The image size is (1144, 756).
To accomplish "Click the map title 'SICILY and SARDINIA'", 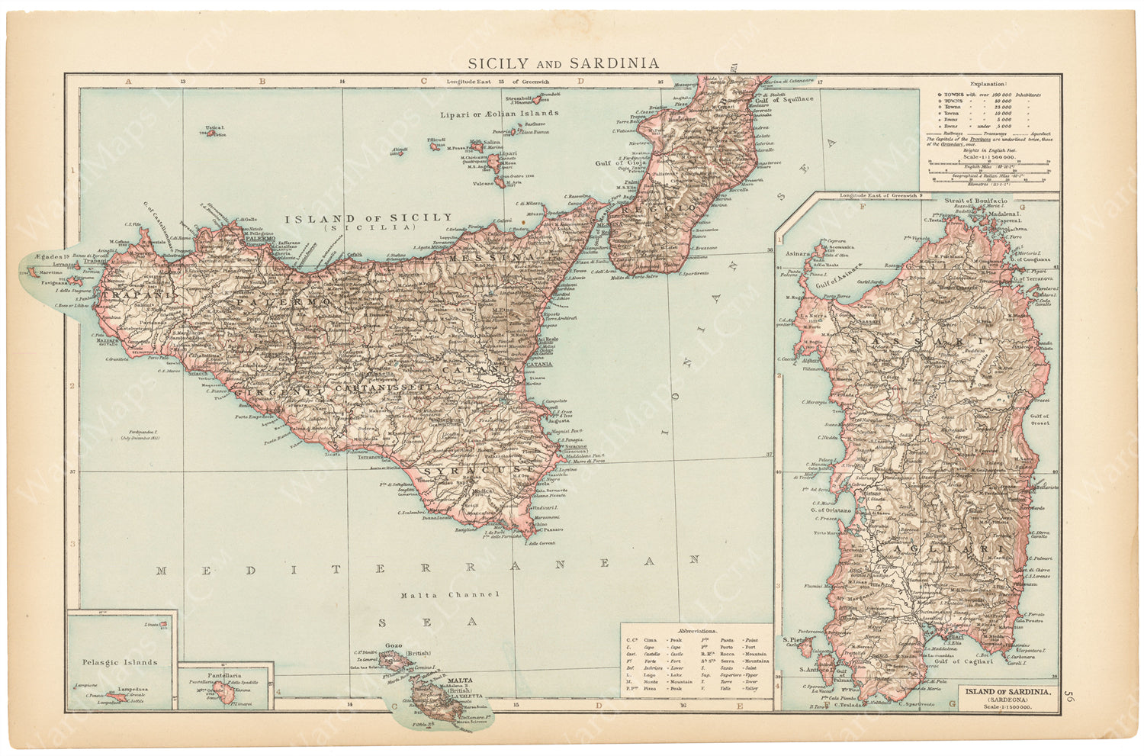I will click(x=563, y=63).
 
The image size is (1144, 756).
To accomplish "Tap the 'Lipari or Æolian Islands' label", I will click(x=500, y=114).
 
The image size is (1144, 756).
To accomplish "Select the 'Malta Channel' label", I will click(x=450, y=594).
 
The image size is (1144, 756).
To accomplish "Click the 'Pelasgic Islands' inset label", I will click(x=119, y=662).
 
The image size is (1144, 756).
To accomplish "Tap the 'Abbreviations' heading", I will click(x=696, y=632).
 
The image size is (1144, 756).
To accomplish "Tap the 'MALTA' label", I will click(x=459, y=680).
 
